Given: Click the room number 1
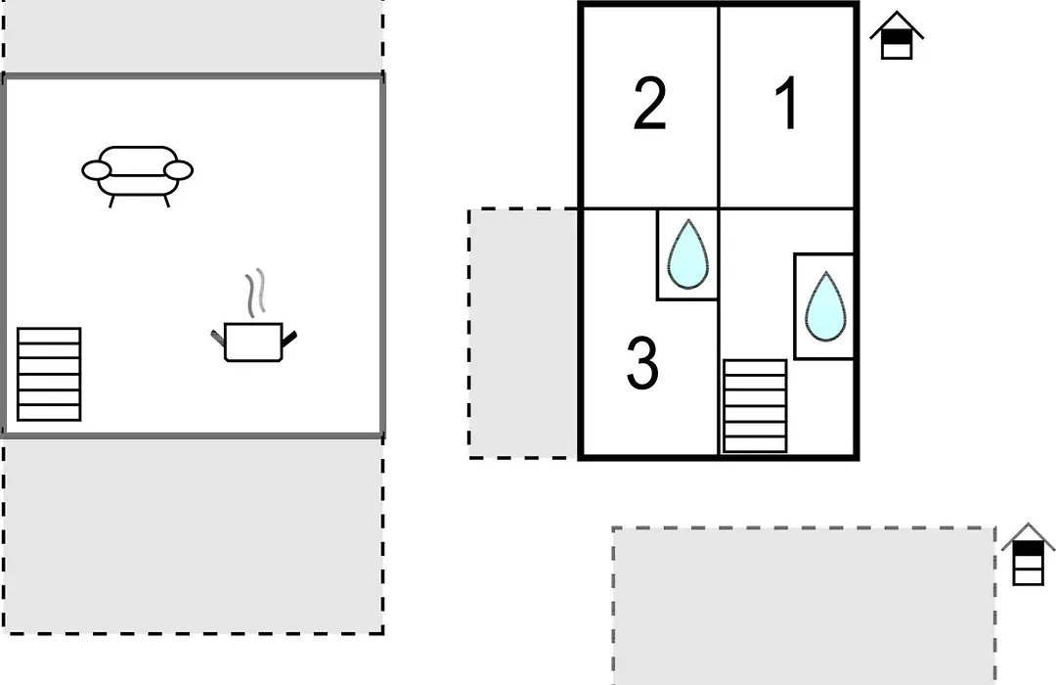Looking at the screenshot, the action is pyautogui.click(x=786, y=103).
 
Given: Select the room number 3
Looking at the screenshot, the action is pyautogui.click(x=641, y=363).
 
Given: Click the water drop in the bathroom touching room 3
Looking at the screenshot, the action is pyautogui.click(x=687, y=254).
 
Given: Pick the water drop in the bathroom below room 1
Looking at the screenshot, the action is pyautogui.click(x=825, y=306).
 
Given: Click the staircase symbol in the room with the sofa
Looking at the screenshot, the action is pyautogui.click(x=49, y=374).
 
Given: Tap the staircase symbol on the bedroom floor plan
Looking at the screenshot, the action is pyautogui.click(x=755, y=406).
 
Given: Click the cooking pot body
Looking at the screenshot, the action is pyautogui.click(x=253, y=342).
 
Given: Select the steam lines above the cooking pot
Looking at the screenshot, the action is pyautogui.click(x=254, y=293).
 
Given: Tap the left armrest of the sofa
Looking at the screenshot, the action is pyautogui.click(x=96, y=170).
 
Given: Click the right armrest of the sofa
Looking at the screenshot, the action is pyautogui.click(x=179, y=170).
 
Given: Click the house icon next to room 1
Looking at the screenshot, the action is pyautogui.click(x=897, y=35).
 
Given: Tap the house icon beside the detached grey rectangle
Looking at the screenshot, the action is pyautogui.click(x=1028, y=554).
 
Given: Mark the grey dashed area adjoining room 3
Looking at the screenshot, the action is pyautogui.click(x=524, y=334).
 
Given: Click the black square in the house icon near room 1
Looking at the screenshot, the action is pyautogui.click(x=897, y=37).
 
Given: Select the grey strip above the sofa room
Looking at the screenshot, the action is pyautogui.click(x=194, y=36).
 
